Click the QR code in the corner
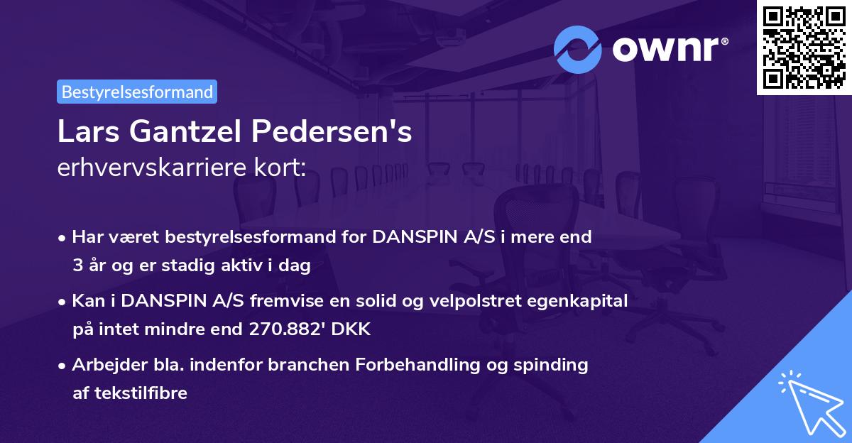coord(804,48)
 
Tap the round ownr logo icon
coord(578,49)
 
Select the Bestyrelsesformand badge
coord(137,92)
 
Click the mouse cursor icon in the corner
coord(812,403)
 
